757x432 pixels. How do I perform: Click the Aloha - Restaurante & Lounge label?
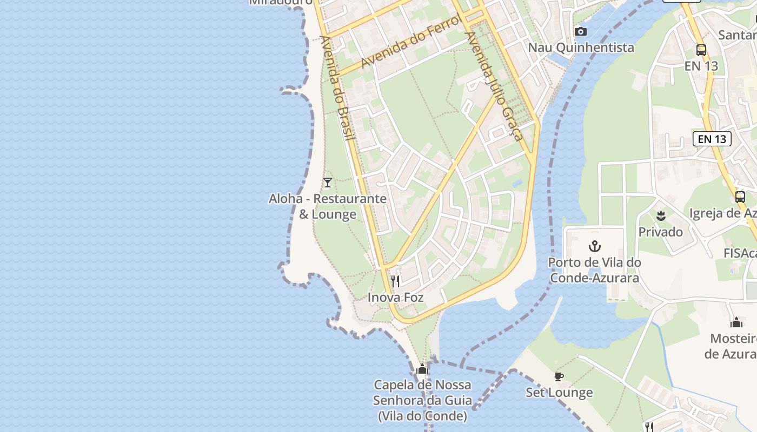(328, 206)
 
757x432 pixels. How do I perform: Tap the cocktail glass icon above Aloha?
(327, 183)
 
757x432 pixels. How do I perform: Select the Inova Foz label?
(395, 298)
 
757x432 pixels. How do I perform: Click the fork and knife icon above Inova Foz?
(395, 281)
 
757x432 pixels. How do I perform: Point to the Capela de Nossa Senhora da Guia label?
(422, 400)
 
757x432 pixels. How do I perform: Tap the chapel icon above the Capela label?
(422, 369)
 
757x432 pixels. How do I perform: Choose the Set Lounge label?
(559, 393)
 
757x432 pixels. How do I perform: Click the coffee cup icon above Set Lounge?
(559, 376)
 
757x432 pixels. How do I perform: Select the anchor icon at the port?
(594, 247)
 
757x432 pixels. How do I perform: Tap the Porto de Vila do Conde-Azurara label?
(594, 270)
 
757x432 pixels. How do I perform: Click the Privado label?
(660, 232)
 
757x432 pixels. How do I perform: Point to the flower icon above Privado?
(660, 216)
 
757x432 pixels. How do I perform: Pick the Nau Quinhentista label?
(581, 48)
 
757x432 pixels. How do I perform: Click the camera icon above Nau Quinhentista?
(581, 31)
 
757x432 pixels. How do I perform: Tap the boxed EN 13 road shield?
(712, 139)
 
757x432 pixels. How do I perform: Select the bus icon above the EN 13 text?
(701, 50)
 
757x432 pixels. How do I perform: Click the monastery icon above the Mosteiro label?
(736, 323)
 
